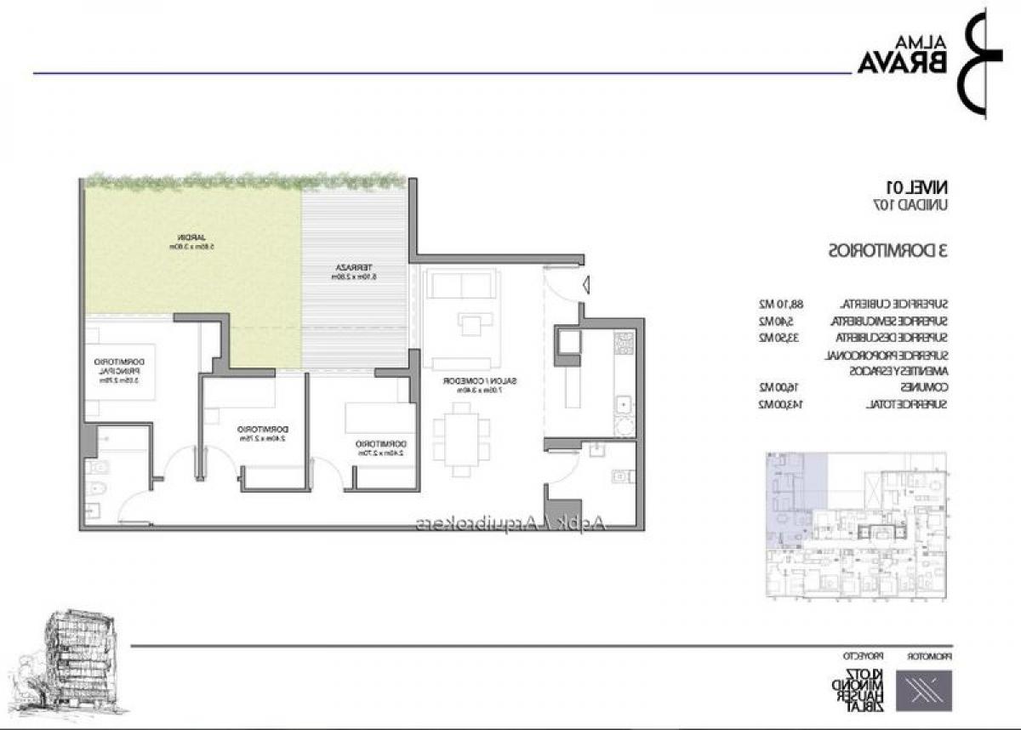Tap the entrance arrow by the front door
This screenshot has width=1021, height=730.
(x=585, y=287)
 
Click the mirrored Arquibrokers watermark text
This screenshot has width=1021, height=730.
(x=510, y=525)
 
